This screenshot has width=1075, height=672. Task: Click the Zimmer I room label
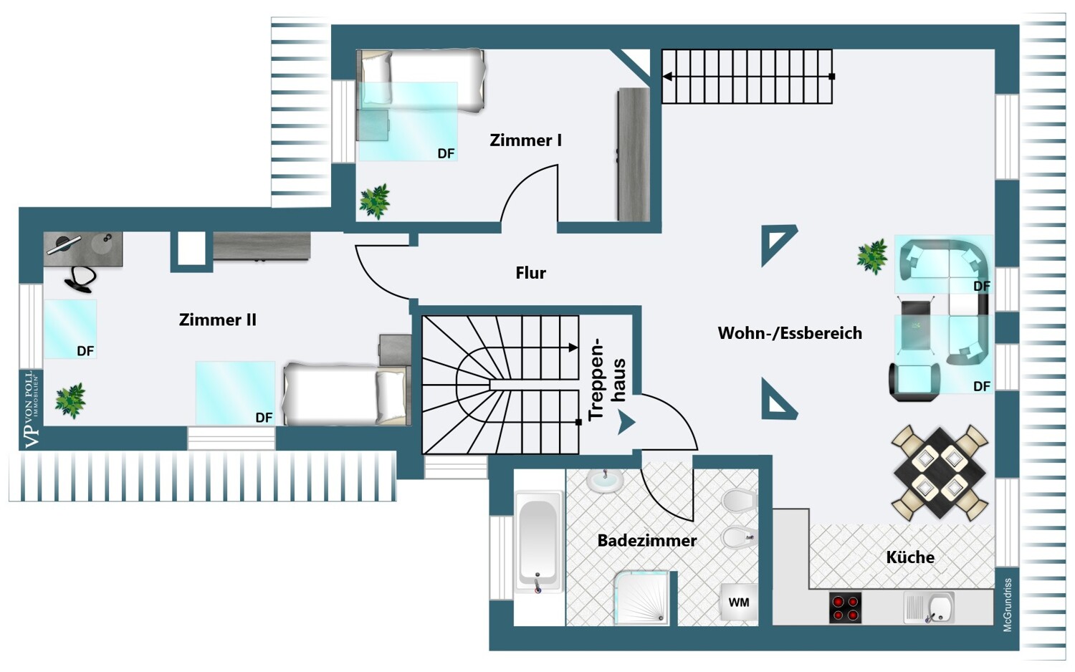(x=525, y=140)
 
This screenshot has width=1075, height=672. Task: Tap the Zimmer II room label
(x=217, y=320)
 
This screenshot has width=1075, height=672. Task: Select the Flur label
(x=530, y=273)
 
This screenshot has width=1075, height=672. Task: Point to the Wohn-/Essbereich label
(x=790, y=333)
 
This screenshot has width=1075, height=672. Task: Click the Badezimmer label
(x=646, y=541)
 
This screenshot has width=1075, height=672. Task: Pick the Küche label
(x=909, y=557)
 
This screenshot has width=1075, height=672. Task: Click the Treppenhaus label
(x=606, y=380)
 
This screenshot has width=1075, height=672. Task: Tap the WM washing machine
(x=738, y=603)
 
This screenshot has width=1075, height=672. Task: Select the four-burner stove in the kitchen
(x=845, y=608)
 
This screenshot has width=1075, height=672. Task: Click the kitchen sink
(x=930, y=608)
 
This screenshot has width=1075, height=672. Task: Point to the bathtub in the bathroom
(x=537, y=538)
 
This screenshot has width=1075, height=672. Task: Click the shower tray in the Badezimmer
(x=641, y=597)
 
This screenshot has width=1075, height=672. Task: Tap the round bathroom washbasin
(x=605, y=479)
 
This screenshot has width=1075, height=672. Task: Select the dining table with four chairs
(x=940, y=472)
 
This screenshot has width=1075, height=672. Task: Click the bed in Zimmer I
(x=422, y=80)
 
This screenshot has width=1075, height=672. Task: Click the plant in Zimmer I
(x=374, y=201)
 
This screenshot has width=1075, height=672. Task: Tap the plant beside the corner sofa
(x=872, y=256)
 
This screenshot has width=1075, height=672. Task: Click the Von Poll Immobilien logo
(x=31, y=409)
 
